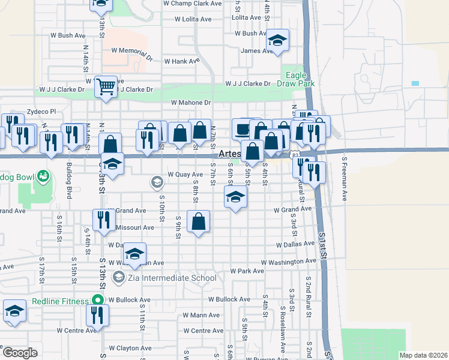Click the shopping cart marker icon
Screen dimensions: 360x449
click(106, 87)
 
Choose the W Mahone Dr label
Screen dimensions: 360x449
click(191, 103)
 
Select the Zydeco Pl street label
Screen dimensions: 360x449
click(41, 112)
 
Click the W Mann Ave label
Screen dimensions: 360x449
click(202, 315)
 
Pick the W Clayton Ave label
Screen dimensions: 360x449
click(130, 348)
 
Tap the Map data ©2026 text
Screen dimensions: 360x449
click(423, 355)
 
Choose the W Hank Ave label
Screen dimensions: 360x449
click(181, 61)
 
